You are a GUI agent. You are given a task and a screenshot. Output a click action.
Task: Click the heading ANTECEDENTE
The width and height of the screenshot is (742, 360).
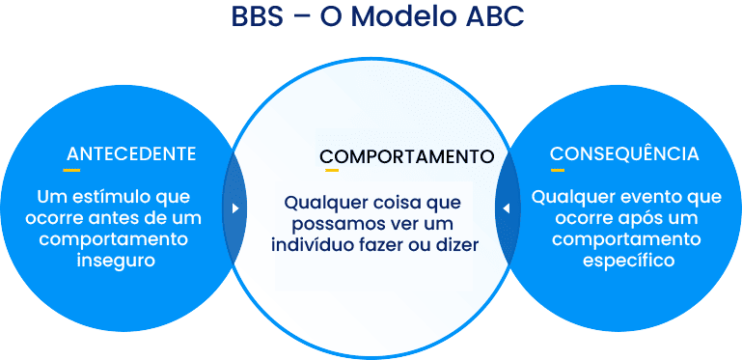131,154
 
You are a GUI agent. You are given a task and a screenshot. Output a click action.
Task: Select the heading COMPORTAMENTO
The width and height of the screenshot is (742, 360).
406,156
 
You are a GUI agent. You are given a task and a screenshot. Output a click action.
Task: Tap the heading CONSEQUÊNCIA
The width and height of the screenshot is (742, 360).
624,154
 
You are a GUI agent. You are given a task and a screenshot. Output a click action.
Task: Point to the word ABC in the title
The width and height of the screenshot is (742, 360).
491,18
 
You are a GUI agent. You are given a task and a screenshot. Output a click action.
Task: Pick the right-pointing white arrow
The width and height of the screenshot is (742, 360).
235,208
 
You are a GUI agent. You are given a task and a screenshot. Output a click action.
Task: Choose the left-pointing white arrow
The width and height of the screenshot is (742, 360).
506,208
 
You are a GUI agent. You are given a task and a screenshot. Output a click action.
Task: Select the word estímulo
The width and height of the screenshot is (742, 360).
107,197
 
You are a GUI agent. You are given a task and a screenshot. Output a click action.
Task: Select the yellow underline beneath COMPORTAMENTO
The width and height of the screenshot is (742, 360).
331,171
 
